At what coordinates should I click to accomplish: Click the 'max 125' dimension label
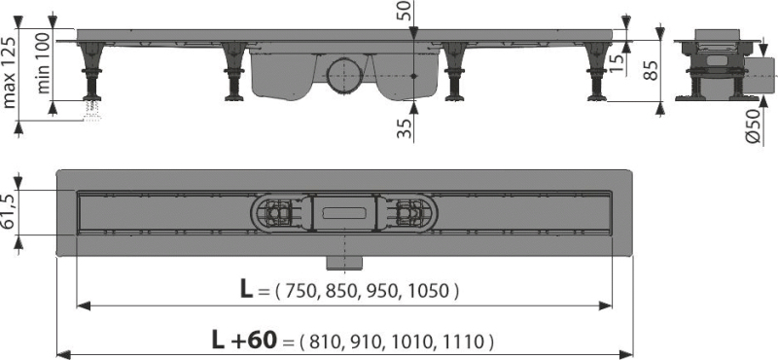pos(10,72)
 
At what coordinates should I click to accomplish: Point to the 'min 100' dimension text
pos(43,62)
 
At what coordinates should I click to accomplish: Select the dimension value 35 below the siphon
pos(406,128)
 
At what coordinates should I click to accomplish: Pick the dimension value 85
pos(650,70)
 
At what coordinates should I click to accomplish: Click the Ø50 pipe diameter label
pos(753,126)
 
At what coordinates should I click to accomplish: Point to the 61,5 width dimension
pos(10,212)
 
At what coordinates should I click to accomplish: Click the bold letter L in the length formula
pos(246,290)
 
